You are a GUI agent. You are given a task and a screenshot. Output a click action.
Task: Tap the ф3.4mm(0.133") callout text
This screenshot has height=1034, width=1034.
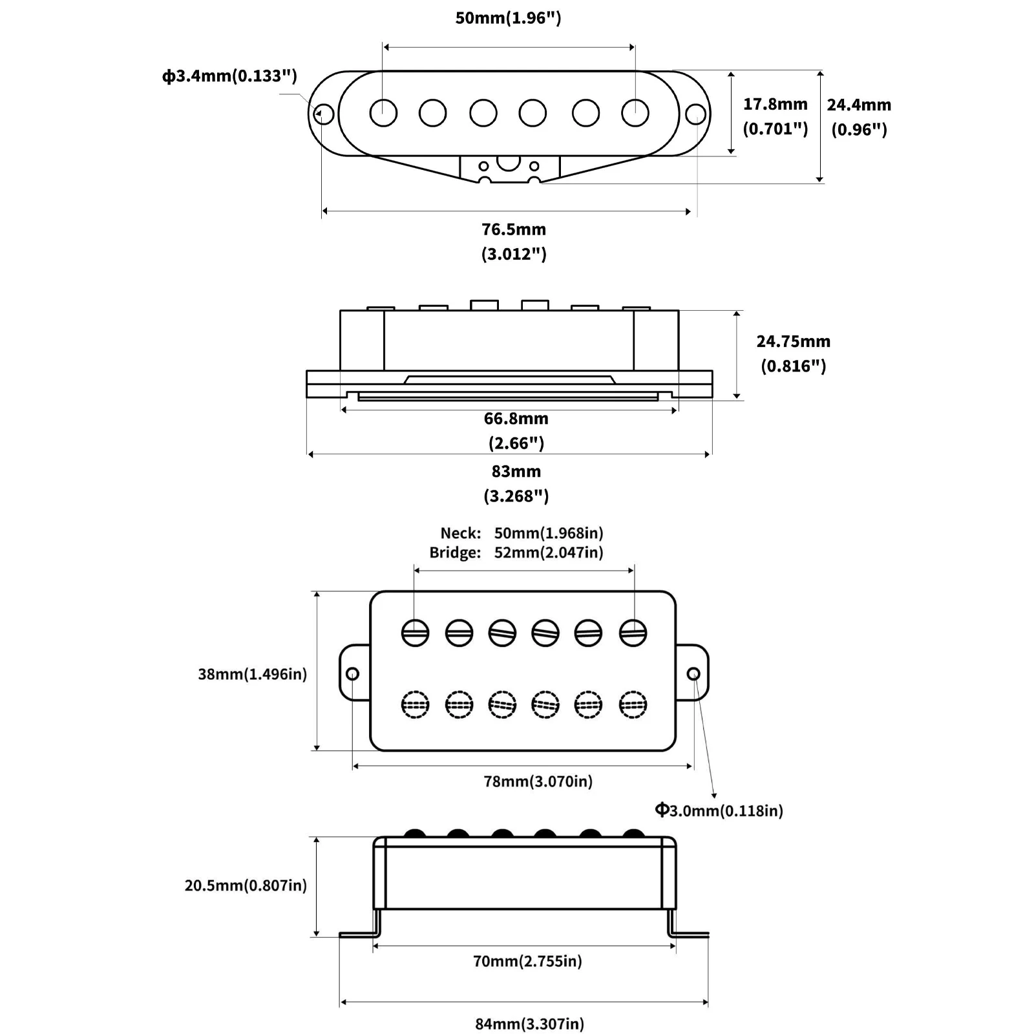click(229, 76)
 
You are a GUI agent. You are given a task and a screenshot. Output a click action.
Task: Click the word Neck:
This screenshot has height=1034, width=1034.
click(461, 533)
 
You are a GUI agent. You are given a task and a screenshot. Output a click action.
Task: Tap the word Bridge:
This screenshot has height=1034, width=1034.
click(456, 553)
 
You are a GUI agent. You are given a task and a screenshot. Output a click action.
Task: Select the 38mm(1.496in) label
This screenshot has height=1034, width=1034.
click(253, 674)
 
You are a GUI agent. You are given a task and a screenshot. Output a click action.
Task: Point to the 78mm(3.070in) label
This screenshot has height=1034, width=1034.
click(538, 781)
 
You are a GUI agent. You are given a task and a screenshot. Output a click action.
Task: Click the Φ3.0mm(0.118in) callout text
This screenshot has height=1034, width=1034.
click(719, 810)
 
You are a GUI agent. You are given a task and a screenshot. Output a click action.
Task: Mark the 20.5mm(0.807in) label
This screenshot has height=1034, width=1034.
click(246, 885)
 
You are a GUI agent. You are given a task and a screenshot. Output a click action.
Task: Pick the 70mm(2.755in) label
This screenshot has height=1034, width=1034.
click(527, 961)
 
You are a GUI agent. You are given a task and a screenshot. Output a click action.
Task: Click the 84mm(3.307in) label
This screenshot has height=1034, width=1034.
click(530, 1024)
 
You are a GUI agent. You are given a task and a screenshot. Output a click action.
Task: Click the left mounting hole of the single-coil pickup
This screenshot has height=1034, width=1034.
click(323, 114)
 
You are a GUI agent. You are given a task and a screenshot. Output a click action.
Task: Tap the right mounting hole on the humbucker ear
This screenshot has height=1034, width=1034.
click(693, 674)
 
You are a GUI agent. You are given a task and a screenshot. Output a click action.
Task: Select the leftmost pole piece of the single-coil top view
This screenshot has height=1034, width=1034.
click(383, 112)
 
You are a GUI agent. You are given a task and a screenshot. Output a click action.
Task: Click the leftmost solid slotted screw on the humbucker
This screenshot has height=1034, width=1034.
click(415, 633)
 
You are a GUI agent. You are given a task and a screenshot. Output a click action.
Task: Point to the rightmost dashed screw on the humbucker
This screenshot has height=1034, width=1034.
click(633, 704)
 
